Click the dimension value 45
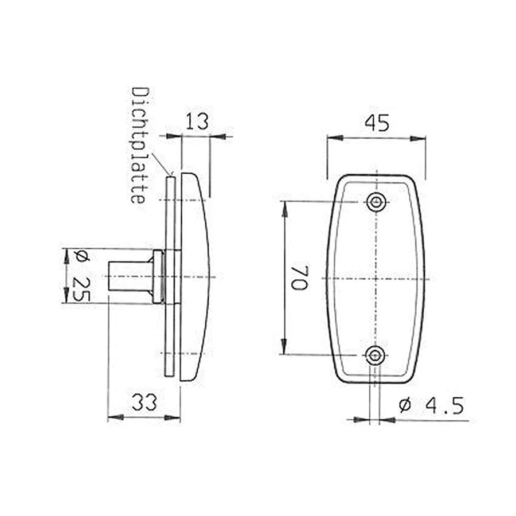(377, 123)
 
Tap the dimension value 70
(299, 277)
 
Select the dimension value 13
(197, 122)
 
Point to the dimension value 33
(144, 402)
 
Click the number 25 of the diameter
(81, 289)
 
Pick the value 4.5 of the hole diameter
(445, 405)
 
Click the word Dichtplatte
(140, 145)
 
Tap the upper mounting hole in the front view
(376, 202)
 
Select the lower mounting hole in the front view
(375, 355)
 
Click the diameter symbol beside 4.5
(405, 405)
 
